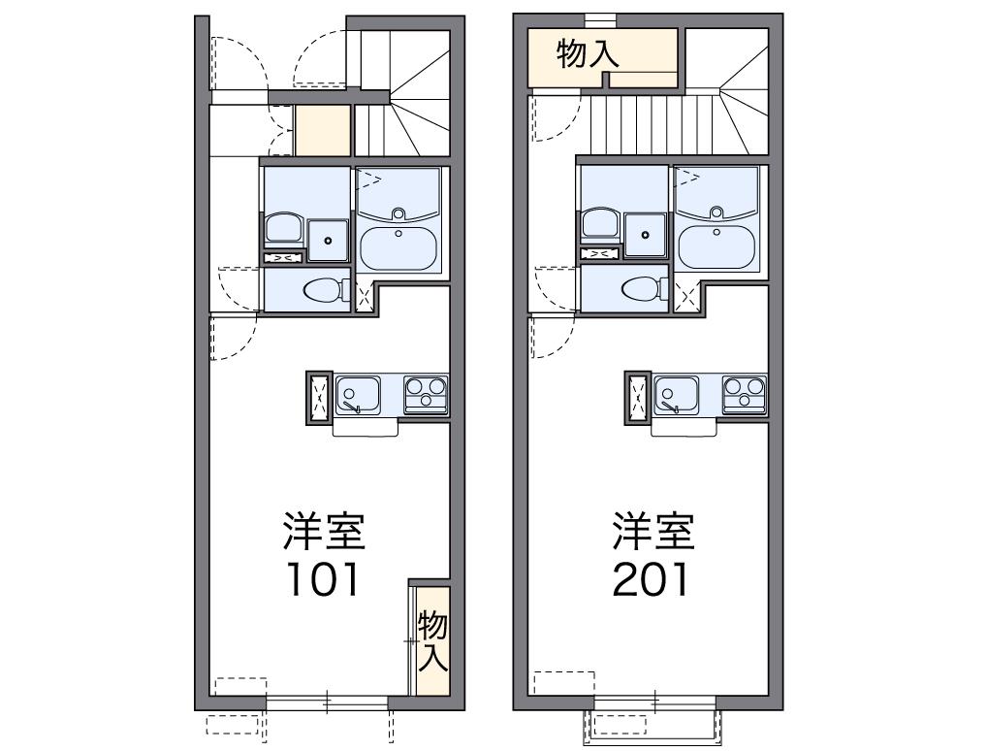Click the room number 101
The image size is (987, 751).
click(323, 579)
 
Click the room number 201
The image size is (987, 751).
click(651, 579)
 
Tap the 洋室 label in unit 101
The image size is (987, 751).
click(323, 531)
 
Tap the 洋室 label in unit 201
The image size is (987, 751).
click(653, 531)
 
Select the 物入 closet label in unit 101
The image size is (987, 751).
click(432, 641)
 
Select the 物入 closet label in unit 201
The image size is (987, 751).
click(588, 55)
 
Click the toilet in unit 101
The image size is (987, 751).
click(324, 289)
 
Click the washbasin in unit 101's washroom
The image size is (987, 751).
click(282, 227)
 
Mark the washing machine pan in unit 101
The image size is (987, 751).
click(329, 240)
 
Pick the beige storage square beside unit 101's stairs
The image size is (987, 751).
click(322, 131)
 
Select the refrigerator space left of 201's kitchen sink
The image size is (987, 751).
click(638, 397)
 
